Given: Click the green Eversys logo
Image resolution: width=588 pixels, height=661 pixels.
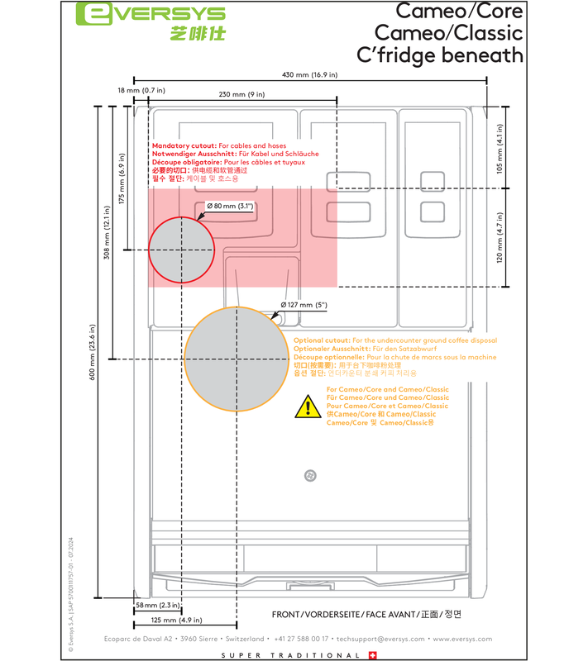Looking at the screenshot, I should tap(150, 15).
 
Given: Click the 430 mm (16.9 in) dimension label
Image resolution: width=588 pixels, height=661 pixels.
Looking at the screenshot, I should tap(310, 75).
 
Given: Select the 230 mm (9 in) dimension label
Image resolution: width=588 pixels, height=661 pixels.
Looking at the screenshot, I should tap(241, 94).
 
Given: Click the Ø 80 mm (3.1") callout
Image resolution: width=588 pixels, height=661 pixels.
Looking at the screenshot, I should tap(229, 205).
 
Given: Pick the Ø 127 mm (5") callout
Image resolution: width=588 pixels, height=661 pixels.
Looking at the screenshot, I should tap(304, 305).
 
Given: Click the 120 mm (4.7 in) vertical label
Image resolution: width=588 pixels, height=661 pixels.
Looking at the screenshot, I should tap(499, 238).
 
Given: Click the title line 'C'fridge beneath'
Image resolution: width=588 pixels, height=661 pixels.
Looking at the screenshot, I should tap(439, 55).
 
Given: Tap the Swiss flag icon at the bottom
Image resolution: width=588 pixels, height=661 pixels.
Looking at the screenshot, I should tap(372, 655).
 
